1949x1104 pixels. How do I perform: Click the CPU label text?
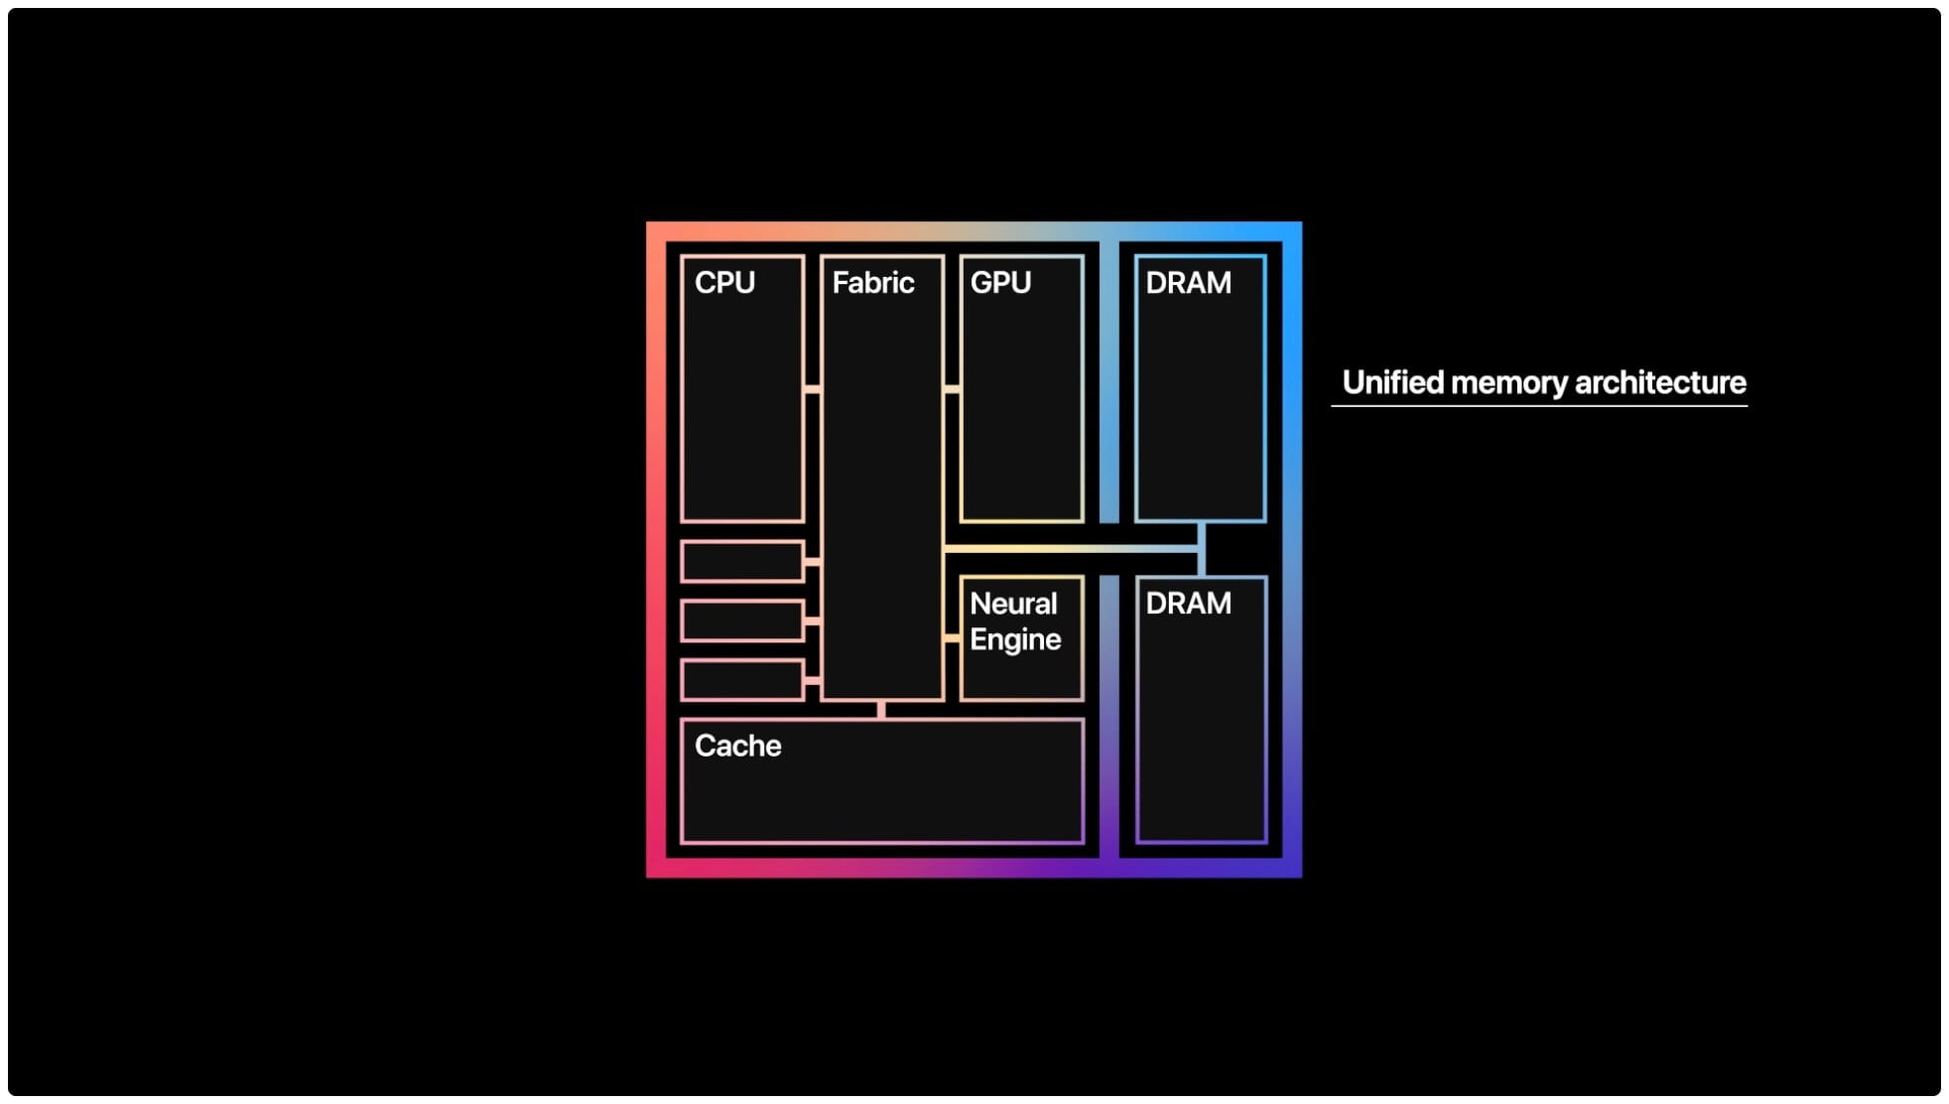724,283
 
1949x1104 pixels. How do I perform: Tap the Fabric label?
872,283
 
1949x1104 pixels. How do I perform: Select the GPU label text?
1000,283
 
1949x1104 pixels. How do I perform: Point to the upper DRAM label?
1188,283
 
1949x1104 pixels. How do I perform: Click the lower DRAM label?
1188,604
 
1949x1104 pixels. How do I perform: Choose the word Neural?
1013,604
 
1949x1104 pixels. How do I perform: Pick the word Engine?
1015,639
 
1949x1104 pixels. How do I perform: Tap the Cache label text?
737,746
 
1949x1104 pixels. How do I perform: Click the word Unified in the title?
1391,382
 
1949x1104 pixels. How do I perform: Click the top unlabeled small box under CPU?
742,562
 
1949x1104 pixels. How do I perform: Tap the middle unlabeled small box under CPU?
742,621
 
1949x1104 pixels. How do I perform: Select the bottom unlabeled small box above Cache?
742,680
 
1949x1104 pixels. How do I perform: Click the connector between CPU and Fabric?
813,389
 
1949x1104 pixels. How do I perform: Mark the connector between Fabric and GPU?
952,389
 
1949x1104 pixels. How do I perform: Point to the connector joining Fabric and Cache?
881,710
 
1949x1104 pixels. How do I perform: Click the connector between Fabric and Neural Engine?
952,638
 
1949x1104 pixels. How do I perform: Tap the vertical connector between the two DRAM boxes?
1202,549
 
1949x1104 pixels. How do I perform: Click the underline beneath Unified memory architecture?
1539,405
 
